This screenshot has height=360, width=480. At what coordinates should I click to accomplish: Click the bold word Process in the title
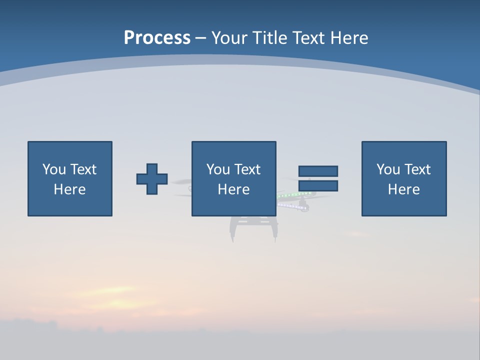(x=157, y=37)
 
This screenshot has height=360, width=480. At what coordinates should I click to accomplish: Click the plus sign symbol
(x=152, y=178)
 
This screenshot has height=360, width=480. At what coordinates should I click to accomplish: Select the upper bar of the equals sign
(x=318, y=171)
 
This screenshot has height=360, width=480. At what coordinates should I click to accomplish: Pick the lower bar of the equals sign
(x=318, y=186)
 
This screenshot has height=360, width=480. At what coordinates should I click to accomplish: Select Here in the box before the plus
(x=69, y=189)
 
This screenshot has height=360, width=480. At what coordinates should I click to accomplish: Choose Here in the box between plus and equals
(x=233, y=189)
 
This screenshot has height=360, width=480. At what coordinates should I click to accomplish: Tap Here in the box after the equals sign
(x=403, y=189)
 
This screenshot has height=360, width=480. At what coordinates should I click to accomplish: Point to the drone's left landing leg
(x=233, y=230)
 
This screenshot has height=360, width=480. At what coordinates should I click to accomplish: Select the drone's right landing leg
(x=274, y=230)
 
